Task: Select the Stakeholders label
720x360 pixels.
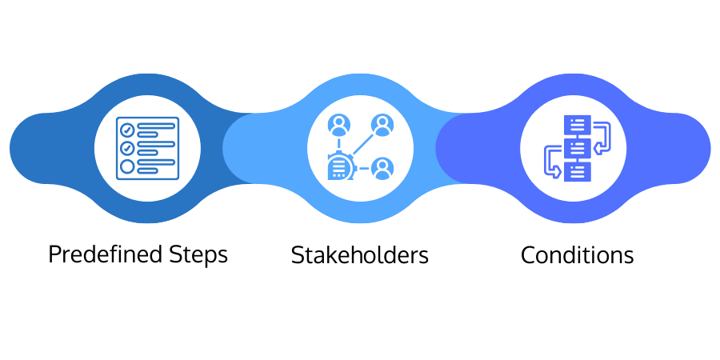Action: [360, 255]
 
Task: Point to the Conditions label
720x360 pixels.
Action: [577, 255]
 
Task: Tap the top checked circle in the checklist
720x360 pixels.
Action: [126, 128]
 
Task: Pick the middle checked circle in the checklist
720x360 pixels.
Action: [126, 148]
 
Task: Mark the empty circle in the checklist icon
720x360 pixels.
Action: [126, 167]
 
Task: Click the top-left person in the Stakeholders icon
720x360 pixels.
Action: [339, 125]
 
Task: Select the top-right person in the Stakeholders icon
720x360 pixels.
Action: [382, 125]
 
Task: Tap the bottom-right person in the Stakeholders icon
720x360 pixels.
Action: [382, 168]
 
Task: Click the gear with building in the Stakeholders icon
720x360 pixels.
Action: [340, 166]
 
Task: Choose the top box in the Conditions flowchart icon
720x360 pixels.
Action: [577, 126]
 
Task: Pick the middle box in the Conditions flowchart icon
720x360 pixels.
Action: [577, 148]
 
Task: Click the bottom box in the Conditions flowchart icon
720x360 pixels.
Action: [577, 170]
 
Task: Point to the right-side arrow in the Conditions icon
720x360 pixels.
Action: [602, 137]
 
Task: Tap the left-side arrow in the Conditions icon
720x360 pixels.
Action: [551, 160]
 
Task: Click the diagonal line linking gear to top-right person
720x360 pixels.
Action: [361, 146]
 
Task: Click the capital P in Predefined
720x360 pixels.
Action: [54, 254]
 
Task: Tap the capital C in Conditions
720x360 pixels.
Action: [528, 255]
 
